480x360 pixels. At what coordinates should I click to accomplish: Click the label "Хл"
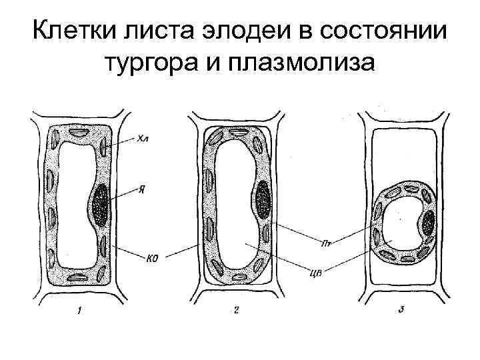point(143,139)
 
